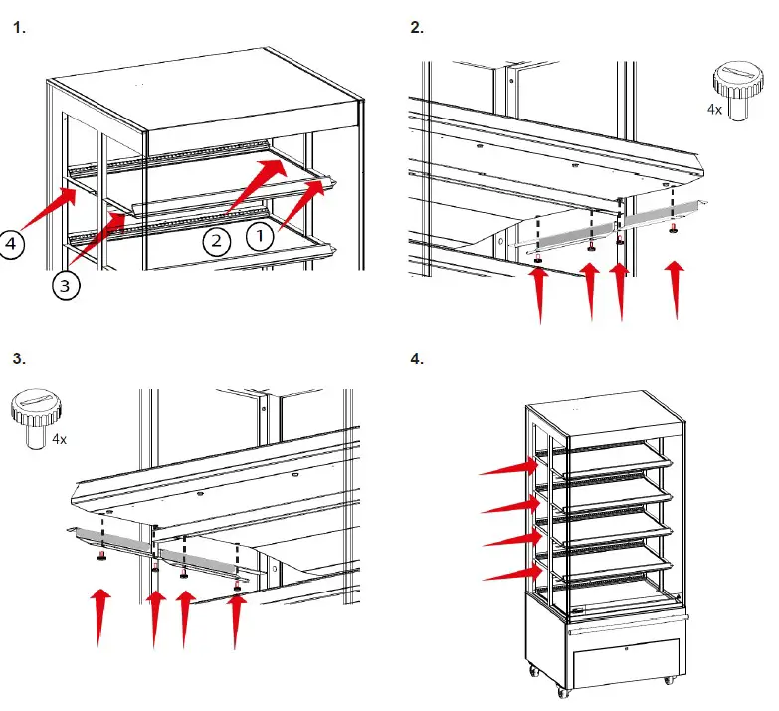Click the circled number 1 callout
pos(258,236)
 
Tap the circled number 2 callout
pos(217,239)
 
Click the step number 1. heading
pos(20,28)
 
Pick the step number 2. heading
pos(417,28)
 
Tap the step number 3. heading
pos(20,357)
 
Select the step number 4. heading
pos(417,357)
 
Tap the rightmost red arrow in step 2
pos(676,289)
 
